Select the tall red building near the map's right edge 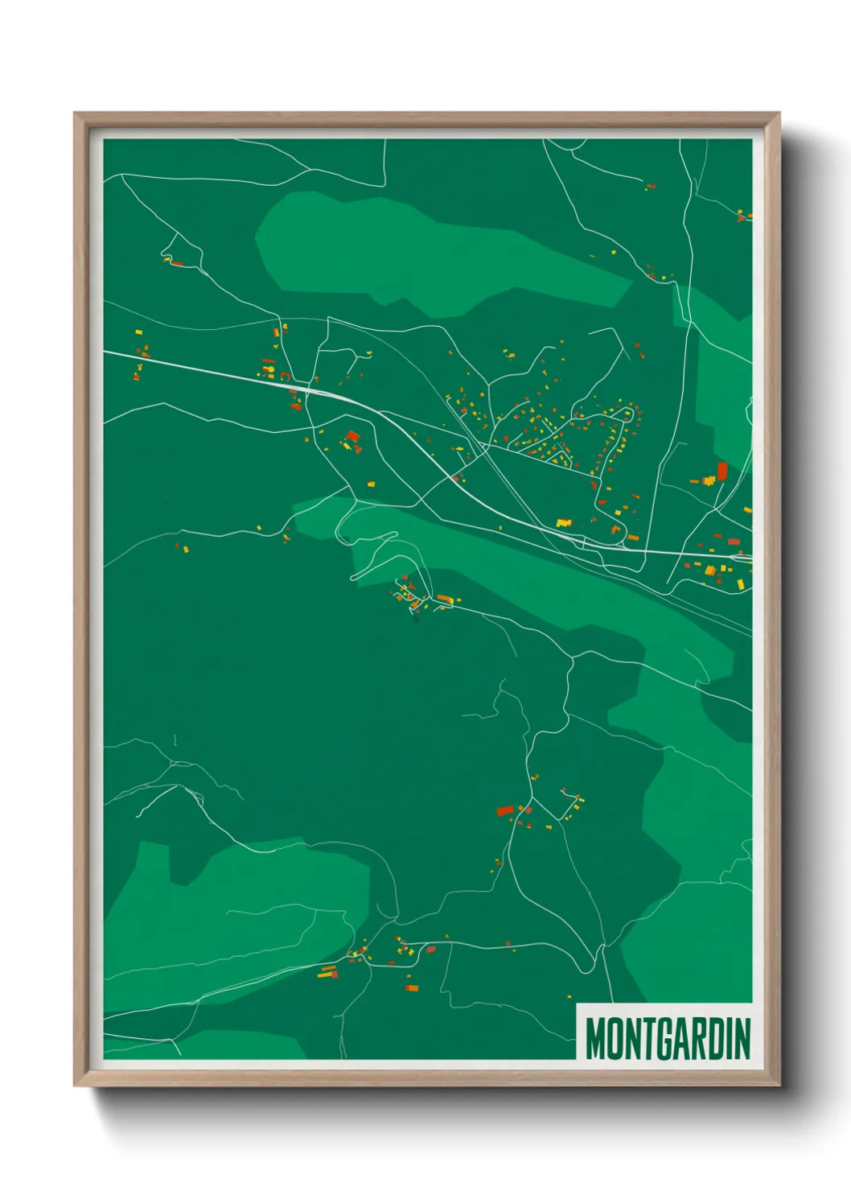(x=721, y=470)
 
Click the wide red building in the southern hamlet (x=504, y=810)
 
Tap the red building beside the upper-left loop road (x=176, y=263)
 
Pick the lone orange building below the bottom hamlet (x=411, y=987)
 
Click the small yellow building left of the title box (x=569, y=996)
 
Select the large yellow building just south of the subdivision (x=563, y=523)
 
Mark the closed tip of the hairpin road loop (x=353, y=577)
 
